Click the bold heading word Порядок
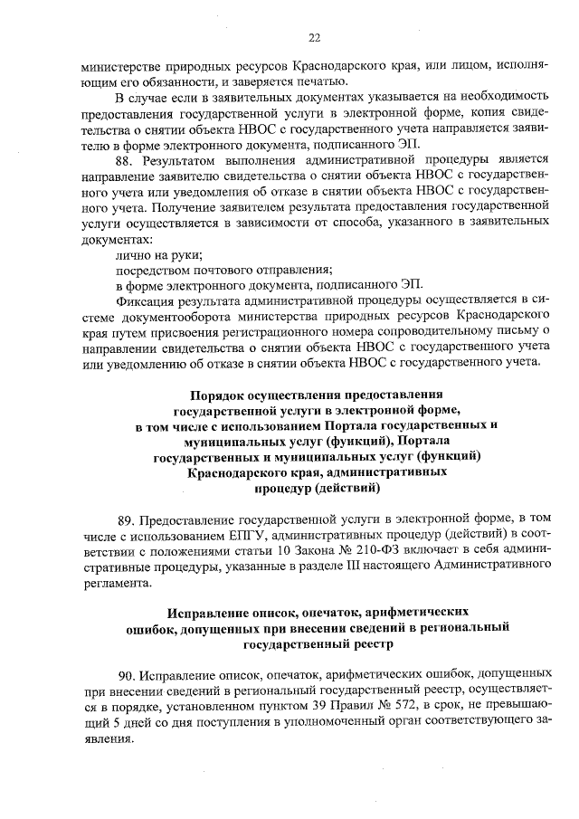click(x=223, y=395)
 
